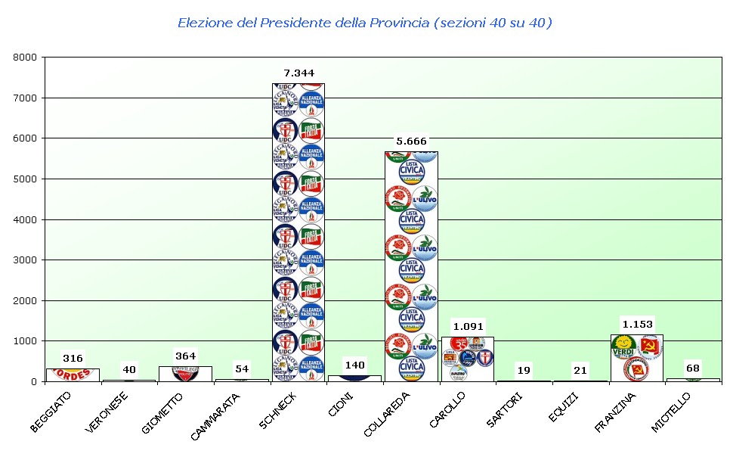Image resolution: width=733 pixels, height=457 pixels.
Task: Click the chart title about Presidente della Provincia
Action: (x=365, y=23)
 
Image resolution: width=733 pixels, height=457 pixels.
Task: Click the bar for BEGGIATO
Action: (x=73, y=375)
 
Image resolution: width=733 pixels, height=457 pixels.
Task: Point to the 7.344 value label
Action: (x=298, y=73)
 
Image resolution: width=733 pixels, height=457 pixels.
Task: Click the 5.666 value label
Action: (x=411, y=141)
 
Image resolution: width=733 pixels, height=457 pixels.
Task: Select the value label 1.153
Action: (x=636, y=324)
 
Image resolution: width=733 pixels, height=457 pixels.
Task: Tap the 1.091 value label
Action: (x=467, y=327)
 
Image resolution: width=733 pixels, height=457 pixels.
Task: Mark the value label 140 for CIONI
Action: (x=354, y=365)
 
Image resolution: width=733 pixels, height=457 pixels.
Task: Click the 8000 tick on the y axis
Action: (x=26, y=57)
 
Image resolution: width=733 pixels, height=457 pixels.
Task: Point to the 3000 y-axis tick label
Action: (x=26, y=260)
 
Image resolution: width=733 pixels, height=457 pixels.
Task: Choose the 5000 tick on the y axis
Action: (x=26, y=179)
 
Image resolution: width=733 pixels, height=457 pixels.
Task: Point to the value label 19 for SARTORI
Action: (x=524, y=370)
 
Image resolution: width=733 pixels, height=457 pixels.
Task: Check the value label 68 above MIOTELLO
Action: (x=693, y=368)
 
